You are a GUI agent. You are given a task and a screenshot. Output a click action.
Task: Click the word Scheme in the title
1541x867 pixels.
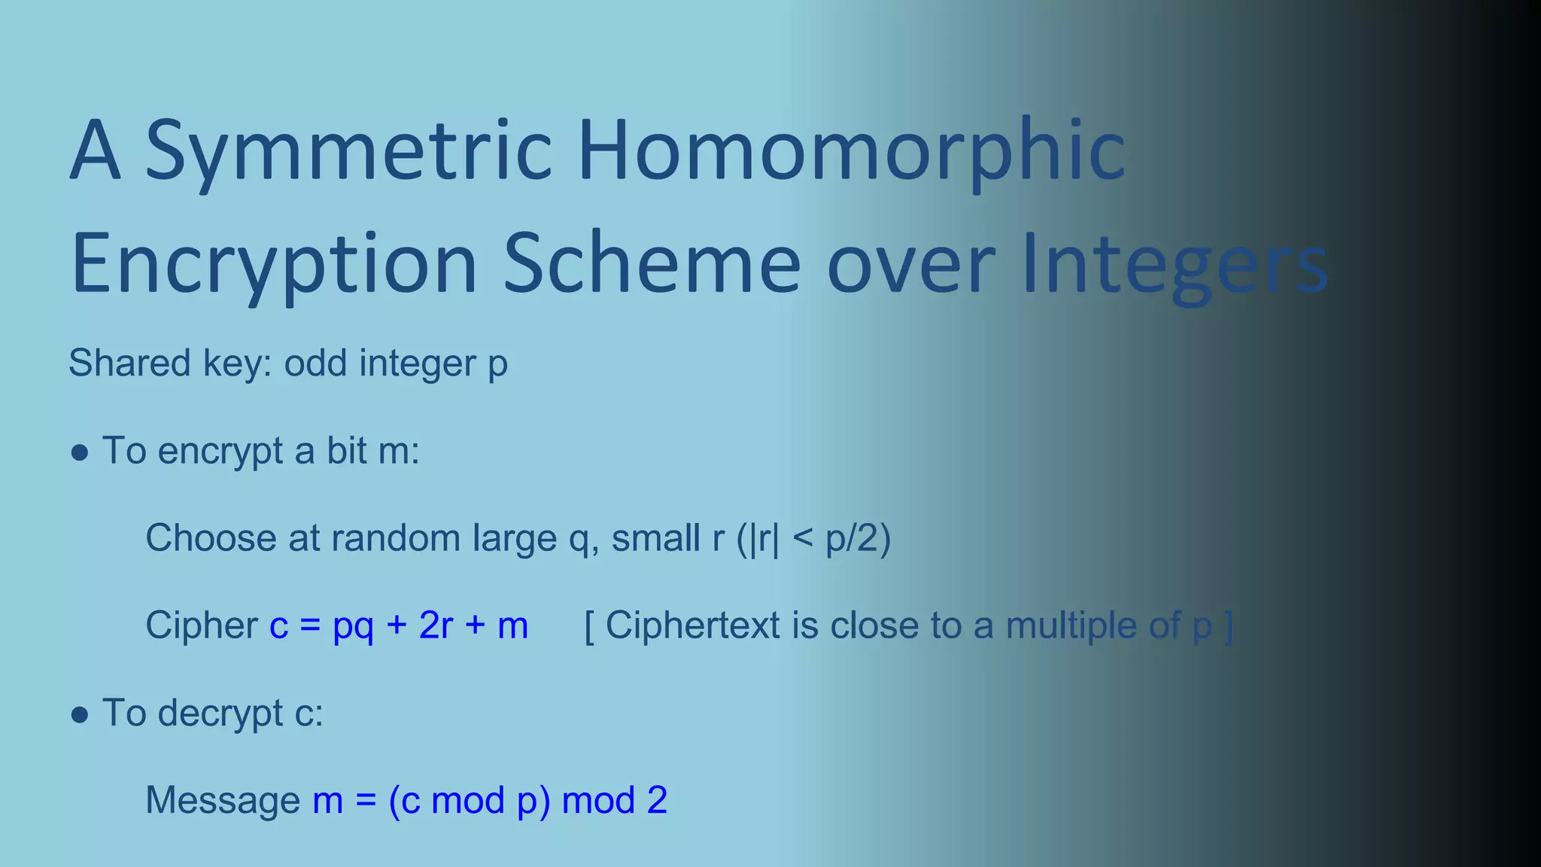point(652,265)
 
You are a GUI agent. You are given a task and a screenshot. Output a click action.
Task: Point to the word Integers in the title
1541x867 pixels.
point(1174,265)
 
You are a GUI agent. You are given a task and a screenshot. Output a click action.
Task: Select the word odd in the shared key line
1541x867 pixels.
point(315,364)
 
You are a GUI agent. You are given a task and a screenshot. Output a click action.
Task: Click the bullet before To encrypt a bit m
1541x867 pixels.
point(80,453)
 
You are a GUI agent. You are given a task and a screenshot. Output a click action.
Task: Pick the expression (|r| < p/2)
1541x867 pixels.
point(813,539)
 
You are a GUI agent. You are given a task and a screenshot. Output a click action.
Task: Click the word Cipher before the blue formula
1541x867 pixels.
point(202,626)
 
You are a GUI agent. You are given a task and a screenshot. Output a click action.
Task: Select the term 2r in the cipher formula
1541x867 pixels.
point(436,626)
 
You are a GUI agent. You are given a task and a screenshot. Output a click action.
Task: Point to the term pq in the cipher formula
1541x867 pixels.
point(353,626)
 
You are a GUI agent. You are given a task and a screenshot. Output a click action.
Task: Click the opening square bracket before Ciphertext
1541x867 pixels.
point(589,626)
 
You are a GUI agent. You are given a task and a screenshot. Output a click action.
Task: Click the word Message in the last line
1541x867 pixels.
point(223,801)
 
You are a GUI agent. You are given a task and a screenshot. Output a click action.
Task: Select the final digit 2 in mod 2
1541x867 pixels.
point(657,801)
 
